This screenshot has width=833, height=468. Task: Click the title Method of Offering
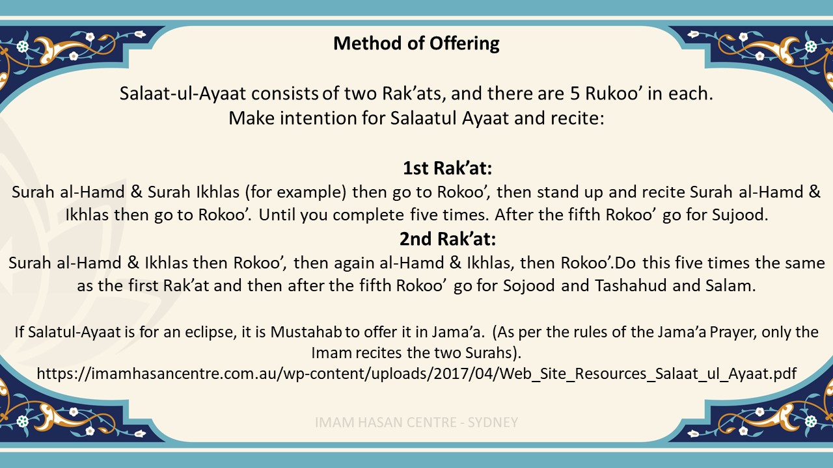(x=416, y=44)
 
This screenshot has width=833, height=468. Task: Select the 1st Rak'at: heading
(x=448, y=168)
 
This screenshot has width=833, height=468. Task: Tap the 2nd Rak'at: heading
(x=448, y=239)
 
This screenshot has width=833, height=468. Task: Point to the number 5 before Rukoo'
(x=575, y=94)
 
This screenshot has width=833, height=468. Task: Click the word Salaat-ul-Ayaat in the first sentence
(x=183, y=94)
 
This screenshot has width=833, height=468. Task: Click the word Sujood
(x=740, y=215)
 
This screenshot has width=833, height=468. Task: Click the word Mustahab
(x=306, y=332)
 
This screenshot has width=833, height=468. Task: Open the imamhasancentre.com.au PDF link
(x=416, y=374)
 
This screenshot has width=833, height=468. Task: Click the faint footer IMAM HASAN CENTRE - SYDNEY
(x=416, y=422)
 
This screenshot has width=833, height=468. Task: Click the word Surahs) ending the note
(x=493, y=353)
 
